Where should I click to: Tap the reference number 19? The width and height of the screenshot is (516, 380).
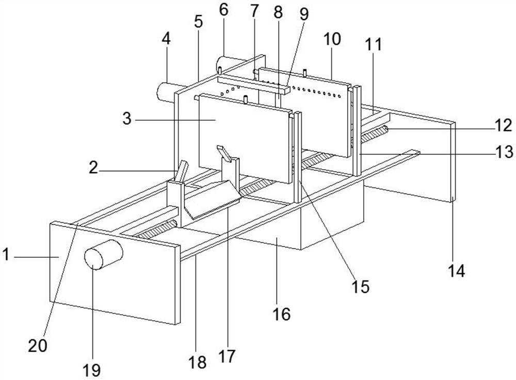click(93, 369)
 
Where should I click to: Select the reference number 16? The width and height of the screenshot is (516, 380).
click(282, 313)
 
